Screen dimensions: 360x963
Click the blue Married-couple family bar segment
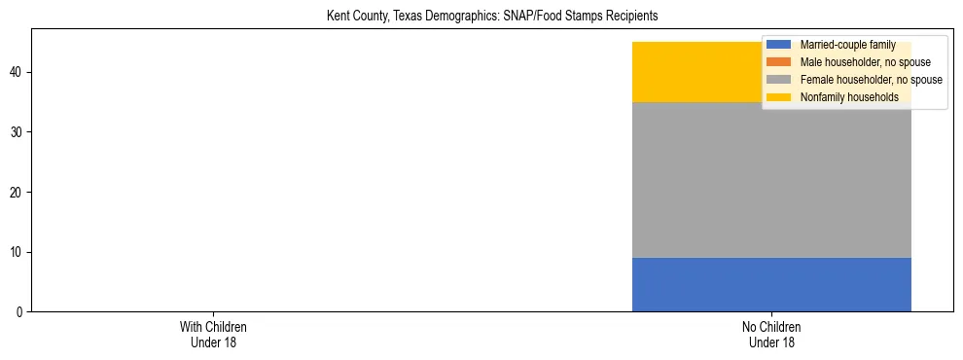tap(771, 284)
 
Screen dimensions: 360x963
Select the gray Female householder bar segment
tap(771, 180)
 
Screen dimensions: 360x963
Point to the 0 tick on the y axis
tap(20, 312)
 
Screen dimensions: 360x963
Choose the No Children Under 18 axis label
tap(771, 334)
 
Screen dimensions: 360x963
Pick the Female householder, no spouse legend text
tap(871, 80)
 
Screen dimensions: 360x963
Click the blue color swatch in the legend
tap(779, 45)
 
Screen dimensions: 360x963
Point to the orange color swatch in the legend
tap(779, 62)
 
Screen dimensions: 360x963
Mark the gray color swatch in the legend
tap(779, 80)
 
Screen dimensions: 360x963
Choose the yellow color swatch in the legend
tap(779, 97)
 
